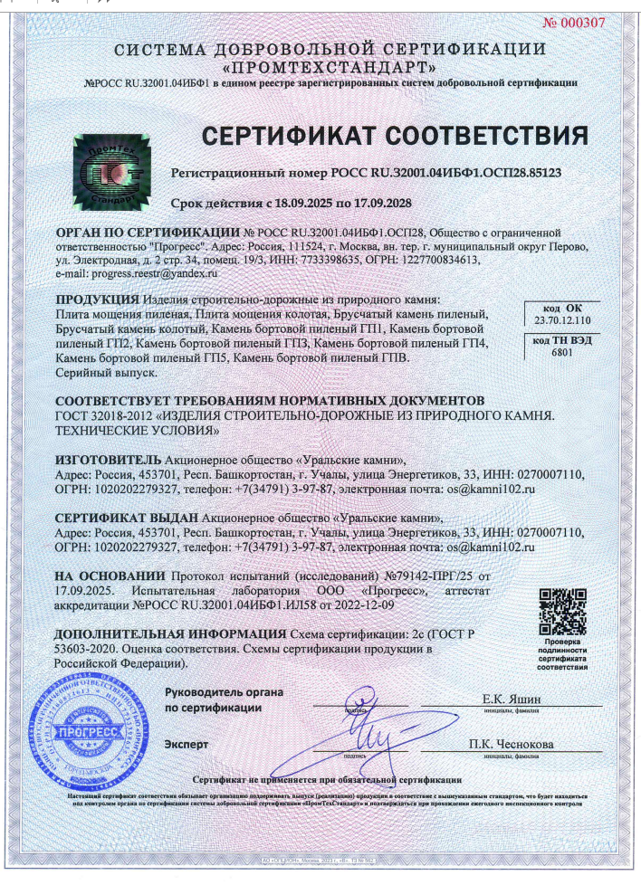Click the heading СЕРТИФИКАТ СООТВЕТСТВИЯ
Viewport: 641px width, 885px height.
tap(394, 136)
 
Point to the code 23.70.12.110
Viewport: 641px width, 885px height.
tap(562, 320)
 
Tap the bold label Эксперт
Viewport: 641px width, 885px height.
tap(187, 744)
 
